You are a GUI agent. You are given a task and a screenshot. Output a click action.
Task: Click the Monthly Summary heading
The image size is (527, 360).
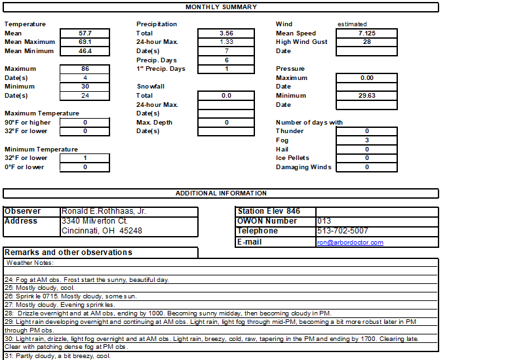(221, 7)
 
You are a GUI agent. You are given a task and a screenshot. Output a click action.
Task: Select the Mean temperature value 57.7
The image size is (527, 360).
(85, 33)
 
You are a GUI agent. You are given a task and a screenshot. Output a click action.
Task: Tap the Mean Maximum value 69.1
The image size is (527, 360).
(85, 42)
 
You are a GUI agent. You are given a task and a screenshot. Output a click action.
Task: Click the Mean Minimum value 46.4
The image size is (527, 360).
(85, 51)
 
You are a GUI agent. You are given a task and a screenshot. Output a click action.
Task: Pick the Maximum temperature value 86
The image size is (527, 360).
(85, 69)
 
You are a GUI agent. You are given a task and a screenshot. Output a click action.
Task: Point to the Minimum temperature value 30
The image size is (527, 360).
(85, 87)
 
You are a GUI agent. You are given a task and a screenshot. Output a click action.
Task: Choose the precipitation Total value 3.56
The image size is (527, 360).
(226, 33)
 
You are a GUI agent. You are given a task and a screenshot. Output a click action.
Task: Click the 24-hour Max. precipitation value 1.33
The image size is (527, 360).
(226, 42)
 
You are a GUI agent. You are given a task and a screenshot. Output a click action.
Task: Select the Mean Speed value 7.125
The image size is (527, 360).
(366, 33)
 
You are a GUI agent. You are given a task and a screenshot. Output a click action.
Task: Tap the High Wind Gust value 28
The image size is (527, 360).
(366, 42)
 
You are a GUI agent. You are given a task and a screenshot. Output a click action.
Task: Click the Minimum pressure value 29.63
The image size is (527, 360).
(366, 96)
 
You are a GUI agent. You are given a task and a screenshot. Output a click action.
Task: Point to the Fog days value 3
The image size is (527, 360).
(366, 140)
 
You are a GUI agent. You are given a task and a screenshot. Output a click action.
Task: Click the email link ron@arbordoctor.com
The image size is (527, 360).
(350, 243)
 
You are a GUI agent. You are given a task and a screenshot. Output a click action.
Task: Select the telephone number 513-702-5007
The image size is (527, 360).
(342, 231)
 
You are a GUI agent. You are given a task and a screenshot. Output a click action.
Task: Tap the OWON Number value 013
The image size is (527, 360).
(324, 221)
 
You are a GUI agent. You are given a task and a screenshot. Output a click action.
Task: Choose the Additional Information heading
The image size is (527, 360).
(221, 193)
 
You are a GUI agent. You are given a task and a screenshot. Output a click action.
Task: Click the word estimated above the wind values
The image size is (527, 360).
(352, 24)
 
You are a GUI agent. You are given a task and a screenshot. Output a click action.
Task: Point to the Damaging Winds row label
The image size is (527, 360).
(303, 167)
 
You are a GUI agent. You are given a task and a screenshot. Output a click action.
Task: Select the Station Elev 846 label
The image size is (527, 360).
(269, 211)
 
